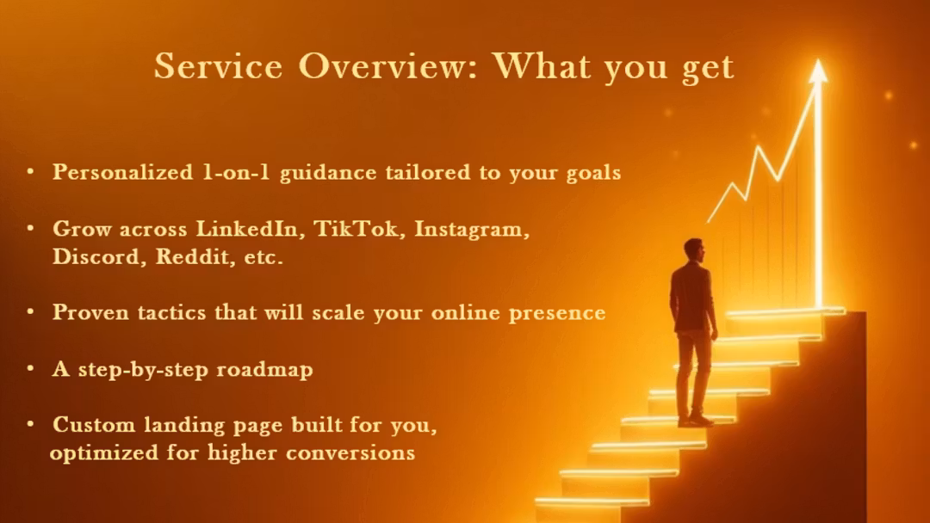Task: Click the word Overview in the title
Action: pyautogui.click(x=387, y=65)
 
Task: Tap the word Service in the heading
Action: pyautogui.click(x=218, y=65)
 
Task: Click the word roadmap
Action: pyautogui.click(x=264, y=370)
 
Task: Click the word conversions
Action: pyautogui.click(x=350, y=452)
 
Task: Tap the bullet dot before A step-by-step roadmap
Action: pyautogui.click(x=30, y=368)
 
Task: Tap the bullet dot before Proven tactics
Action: pyautogui.click(x=30, y=311)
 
